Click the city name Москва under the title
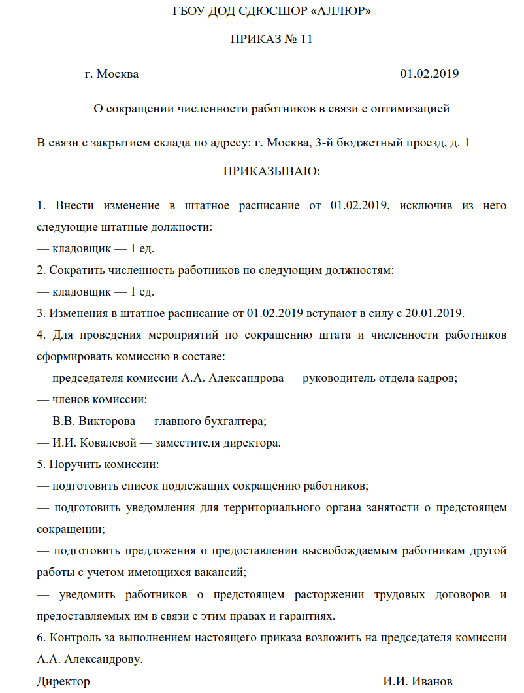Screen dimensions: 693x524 [118, 74]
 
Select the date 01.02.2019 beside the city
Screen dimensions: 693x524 [429, 74]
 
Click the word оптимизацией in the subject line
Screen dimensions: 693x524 [410, 109]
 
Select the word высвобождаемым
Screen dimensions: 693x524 [352, 550]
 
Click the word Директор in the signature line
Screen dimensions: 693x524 [63, 681]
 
